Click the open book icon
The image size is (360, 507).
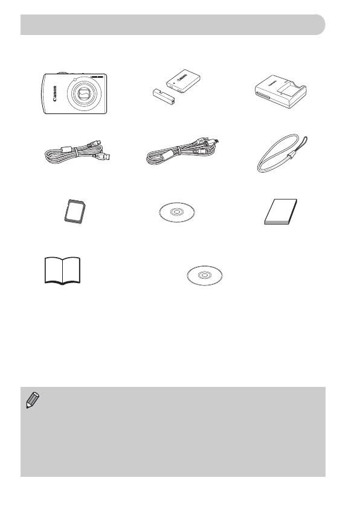point(63,269)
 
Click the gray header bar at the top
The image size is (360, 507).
point(172,25)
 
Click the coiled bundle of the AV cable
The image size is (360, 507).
point(172,159)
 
